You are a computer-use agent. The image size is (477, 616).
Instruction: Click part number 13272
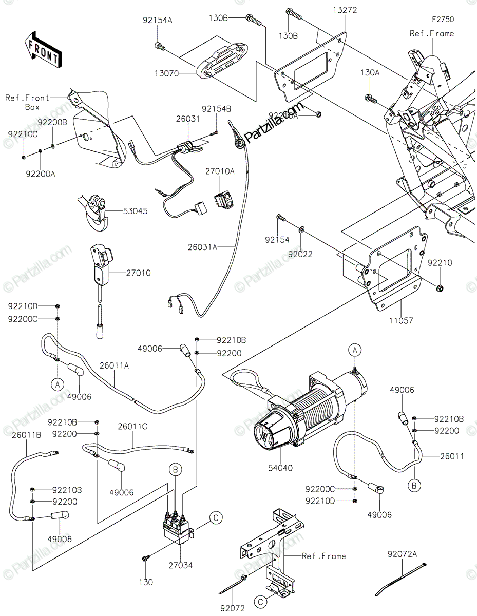[x=345, y=10]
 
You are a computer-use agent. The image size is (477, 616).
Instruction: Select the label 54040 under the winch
[x=280, y=468]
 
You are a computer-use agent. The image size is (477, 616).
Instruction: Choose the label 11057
[x=401, y=321]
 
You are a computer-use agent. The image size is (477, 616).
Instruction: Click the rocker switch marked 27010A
[x=224, y=200]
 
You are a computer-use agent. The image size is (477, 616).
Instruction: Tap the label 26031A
[x=202, y=247]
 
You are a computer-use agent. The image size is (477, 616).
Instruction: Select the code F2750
[x=443, y=20]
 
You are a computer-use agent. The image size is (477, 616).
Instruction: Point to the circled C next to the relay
[x=216, y=518]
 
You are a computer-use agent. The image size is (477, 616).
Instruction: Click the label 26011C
[x=132, y=426]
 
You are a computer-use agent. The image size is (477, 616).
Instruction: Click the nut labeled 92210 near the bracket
[x=440, y=288]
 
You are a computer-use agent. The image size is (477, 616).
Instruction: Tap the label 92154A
[x=158, y=21]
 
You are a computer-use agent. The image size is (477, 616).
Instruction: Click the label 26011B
[x=27, y=435]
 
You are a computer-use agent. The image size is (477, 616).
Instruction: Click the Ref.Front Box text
[x=28, y=102]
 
